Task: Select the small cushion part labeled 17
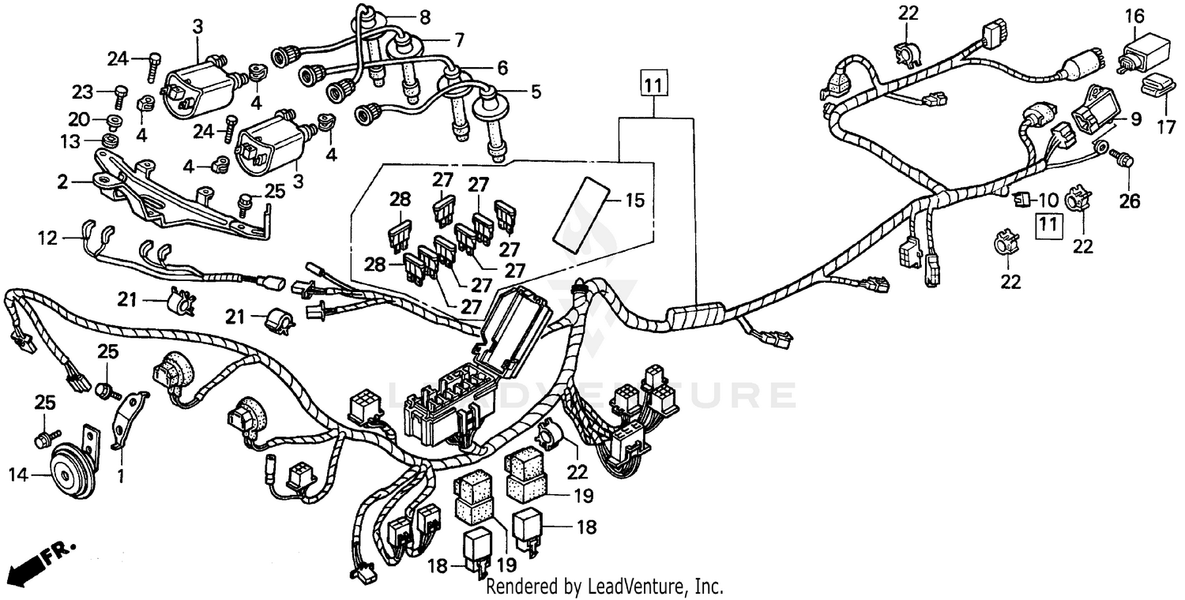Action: point(1156,84)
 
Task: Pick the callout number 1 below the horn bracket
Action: point(120,476)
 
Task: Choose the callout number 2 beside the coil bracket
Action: point(62,182)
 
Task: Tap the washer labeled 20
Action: point(111,121)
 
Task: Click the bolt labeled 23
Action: point(121,93)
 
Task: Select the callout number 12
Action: point(48,236)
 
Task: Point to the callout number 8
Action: point(425,15)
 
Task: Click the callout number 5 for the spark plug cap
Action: point(536,92)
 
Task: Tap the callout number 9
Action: point(1136,120)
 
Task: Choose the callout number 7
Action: point(459,38)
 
